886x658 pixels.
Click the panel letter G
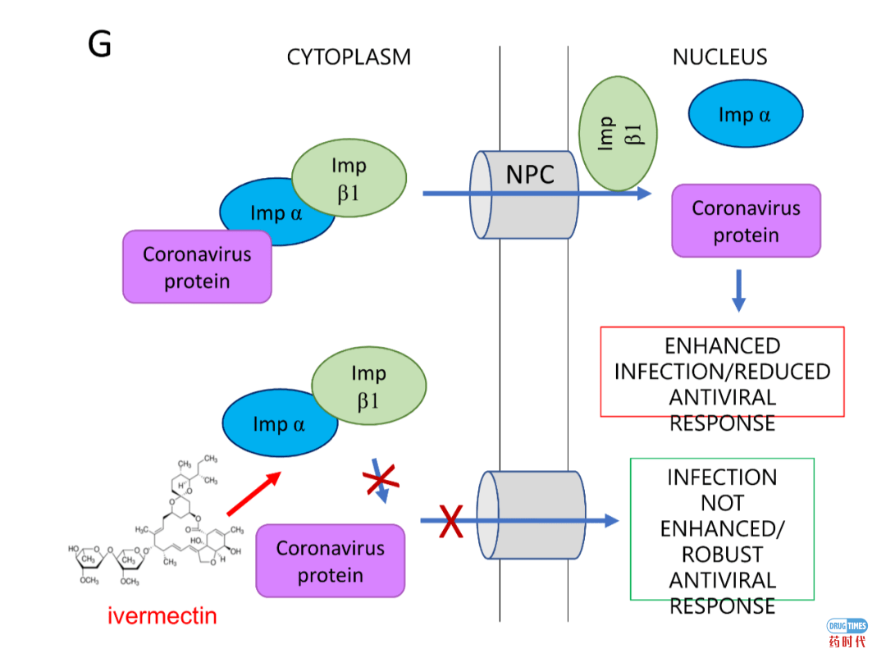(99, 45)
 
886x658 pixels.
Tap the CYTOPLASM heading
(349, 57)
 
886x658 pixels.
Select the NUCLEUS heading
(719, 57)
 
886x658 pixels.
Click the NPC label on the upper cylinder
(529, 174)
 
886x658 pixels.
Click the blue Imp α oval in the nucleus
(745, 115)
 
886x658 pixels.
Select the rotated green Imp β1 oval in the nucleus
(619, 133)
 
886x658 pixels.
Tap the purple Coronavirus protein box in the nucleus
(746, 221)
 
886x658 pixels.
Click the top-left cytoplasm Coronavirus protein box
(197, 267)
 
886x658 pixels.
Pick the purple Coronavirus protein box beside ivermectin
(330, 561)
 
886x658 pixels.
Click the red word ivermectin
(162, 615)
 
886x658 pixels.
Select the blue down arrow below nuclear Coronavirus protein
(738, 290)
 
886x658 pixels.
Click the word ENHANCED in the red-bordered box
(722, 345)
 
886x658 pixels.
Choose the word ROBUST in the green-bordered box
(722, 554)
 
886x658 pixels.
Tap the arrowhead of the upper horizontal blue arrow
(644, 194)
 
